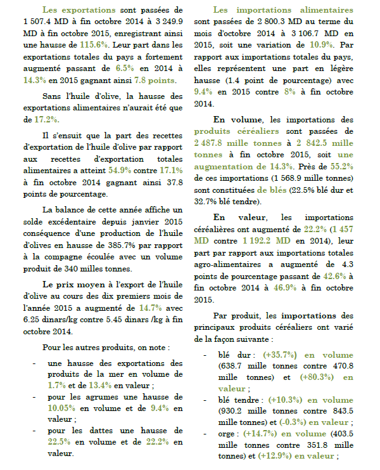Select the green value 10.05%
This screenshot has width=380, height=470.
tap(62, 407)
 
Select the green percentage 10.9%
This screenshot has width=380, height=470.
tap(323, 45)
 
